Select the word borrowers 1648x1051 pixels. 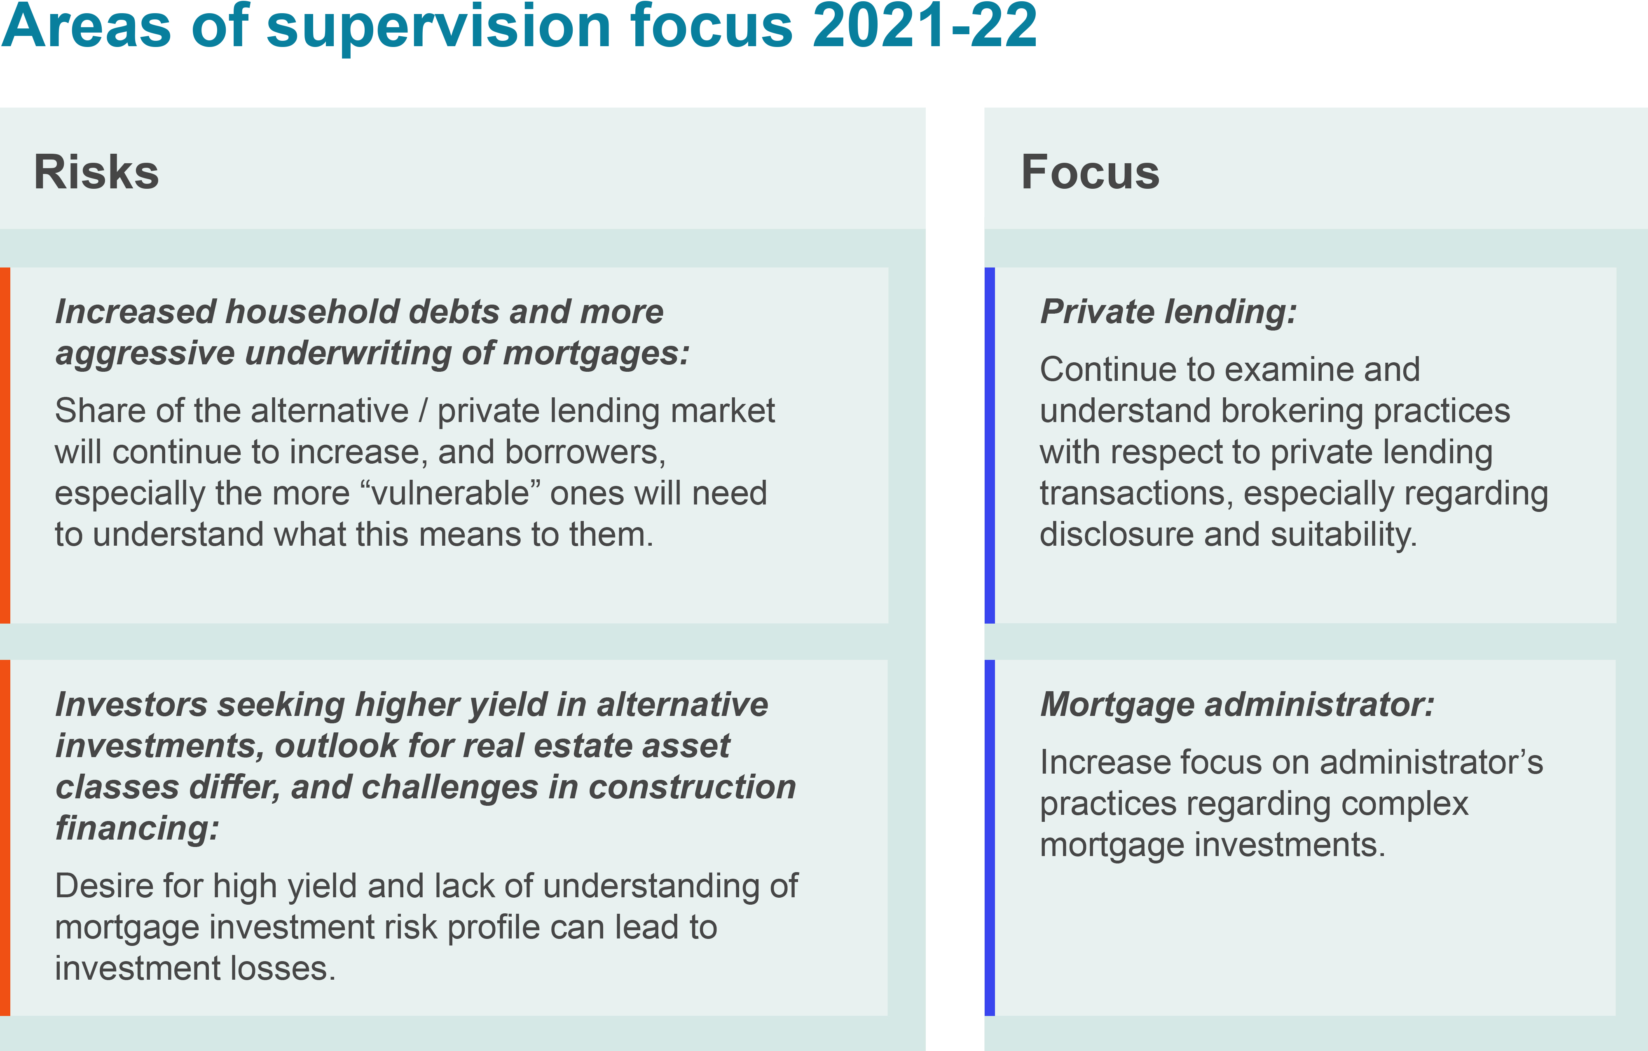click(585, 453)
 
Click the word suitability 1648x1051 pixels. click(1344, 535)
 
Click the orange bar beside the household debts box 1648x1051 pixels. click(5, 445)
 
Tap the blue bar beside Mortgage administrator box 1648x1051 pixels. click(990, 838)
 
